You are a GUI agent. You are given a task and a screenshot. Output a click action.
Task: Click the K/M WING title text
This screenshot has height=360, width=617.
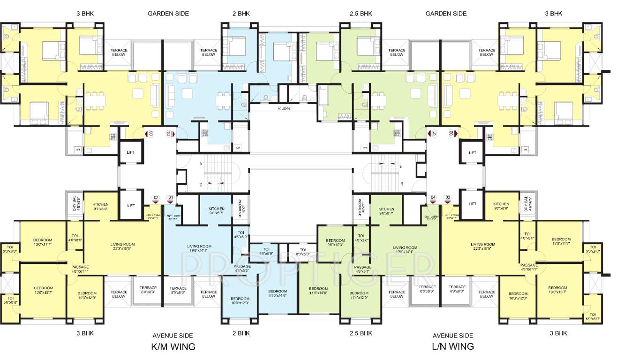point(173,347)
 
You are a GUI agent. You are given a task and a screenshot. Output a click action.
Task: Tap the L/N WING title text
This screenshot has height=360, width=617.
point(452,346)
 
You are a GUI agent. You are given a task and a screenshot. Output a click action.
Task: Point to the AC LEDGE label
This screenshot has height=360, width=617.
point(284,108)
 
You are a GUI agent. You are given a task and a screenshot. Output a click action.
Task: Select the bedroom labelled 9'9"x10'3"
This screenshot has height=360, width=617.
point(335,242)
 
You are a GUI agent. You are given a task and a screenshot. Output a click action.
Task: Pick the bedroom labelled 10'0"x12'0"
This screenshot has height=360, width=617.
point(240,301)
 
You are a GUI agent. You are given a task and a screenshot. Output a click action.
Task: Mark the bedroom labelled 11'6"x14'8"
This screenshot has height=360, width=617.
point(318,291)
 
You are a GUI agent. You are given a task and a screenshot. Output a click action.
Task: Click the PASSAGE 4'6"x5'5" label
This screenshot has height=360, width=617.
point(242,269)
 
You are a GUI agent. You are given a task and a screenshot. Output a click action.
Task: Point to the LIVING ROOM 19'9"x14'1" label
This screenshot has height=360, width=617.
point(405,249)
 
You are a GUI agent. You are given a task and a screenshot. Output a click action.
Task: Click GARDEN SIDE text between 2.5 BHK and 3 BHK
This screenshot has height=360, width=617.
point(446,14)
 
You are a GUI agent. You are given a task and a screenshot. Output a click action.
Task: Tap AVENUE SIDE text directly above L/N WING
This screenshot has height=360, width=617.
point(452,336)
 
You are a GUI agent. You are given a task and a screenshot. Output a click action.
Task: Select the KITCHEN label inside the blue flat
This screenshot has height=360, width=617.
point(216,211)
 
